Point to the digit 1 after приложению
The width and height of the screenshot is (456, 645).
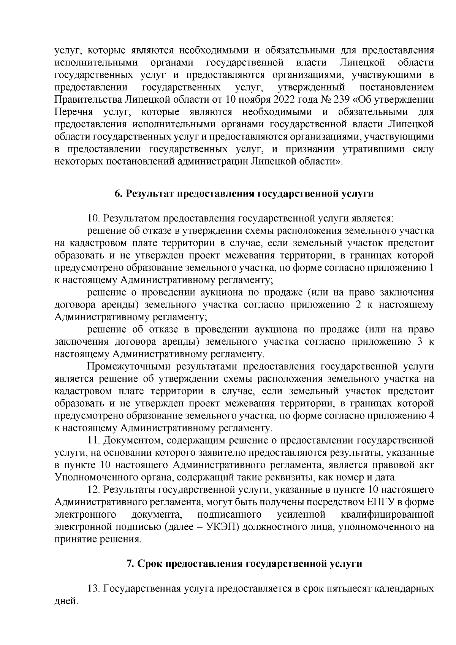[x=431, y=268]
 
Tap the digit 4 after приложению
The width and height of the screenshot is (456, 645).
[x=431, y=416]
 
